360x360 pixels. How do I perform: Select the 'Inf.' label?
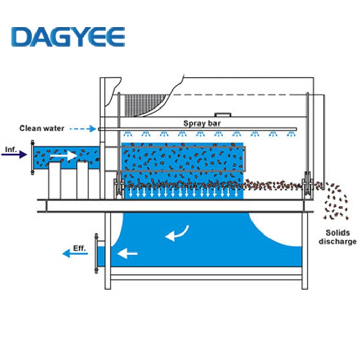click(11, 150)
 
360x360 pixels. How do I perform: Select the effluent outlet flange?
click(96, 253)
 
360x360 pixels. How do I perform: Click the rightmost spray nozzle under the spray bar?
click(292, 134)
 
